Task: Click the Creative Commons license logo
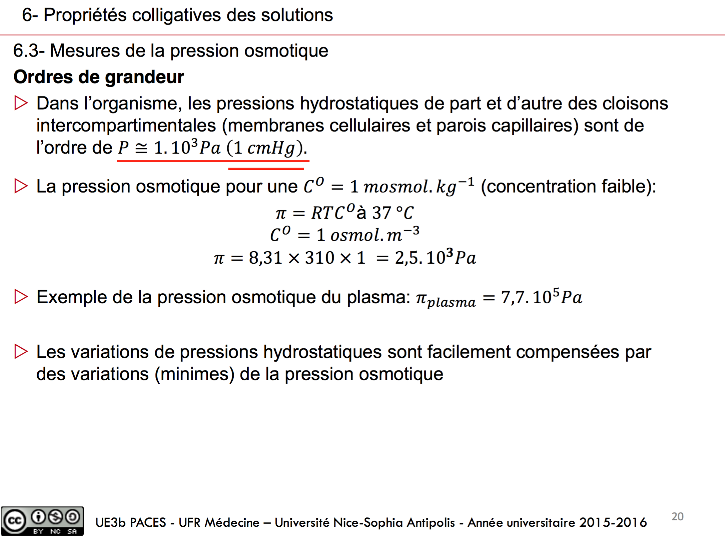pyautogui.click(x=42, y=521)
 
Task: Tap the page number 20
pyautogui.click(x=677, y=516)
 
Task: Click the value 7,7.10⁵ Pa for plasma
pyautogui.click(x=541, y=297)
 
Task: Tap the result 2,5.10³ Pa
pyautogui.click(x=435, y=257)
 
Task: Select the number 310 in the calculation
pyautogui.click(x=319, y=258)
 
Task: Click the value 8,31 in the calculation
pyautogui.click(x=265, y=258)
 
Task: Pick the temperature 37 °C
pyautogui.click(x=393, y=213)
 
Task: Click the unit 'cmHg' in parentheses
pyautogui.click(x=271, y=148)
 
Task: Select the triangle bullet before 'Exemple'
pyautogui.click(x=21, y=297)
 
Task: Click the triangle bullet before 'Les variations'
pyautogui.click(x=21, y=352)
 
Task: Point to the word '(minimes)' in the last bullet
pyautogui.click(x=195, y=374)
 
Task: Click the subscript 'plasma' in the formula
pyautogui.click(x=451, y=302)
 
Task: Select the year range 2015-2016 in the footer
pyautogui.click(x=613, y=522)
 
